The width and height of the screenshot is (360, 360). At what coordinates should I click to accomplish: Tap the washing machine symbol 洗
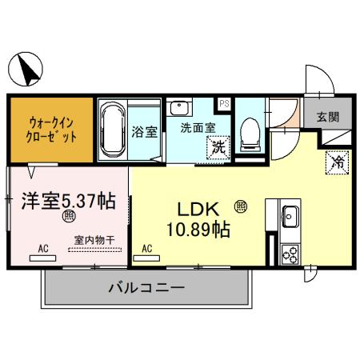click(217, 147)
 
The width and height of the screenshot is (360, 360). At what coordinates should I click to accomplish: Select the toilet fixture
click(250, 133)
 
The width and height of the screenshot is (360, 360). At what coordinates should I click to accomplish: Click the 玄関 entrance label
click(326, 118)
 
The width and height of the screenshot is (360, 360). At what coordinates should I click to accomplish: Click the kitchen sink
click(290, 216)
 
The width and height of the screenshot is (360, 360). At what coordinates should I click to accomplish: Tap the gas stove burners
click(290, 254)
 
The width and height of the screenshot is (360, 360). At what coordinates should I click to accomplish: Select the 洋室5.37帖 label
click(68, 201)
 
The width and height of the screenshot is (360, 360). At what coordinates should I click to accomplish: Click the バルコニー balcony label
click(146, 288)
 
